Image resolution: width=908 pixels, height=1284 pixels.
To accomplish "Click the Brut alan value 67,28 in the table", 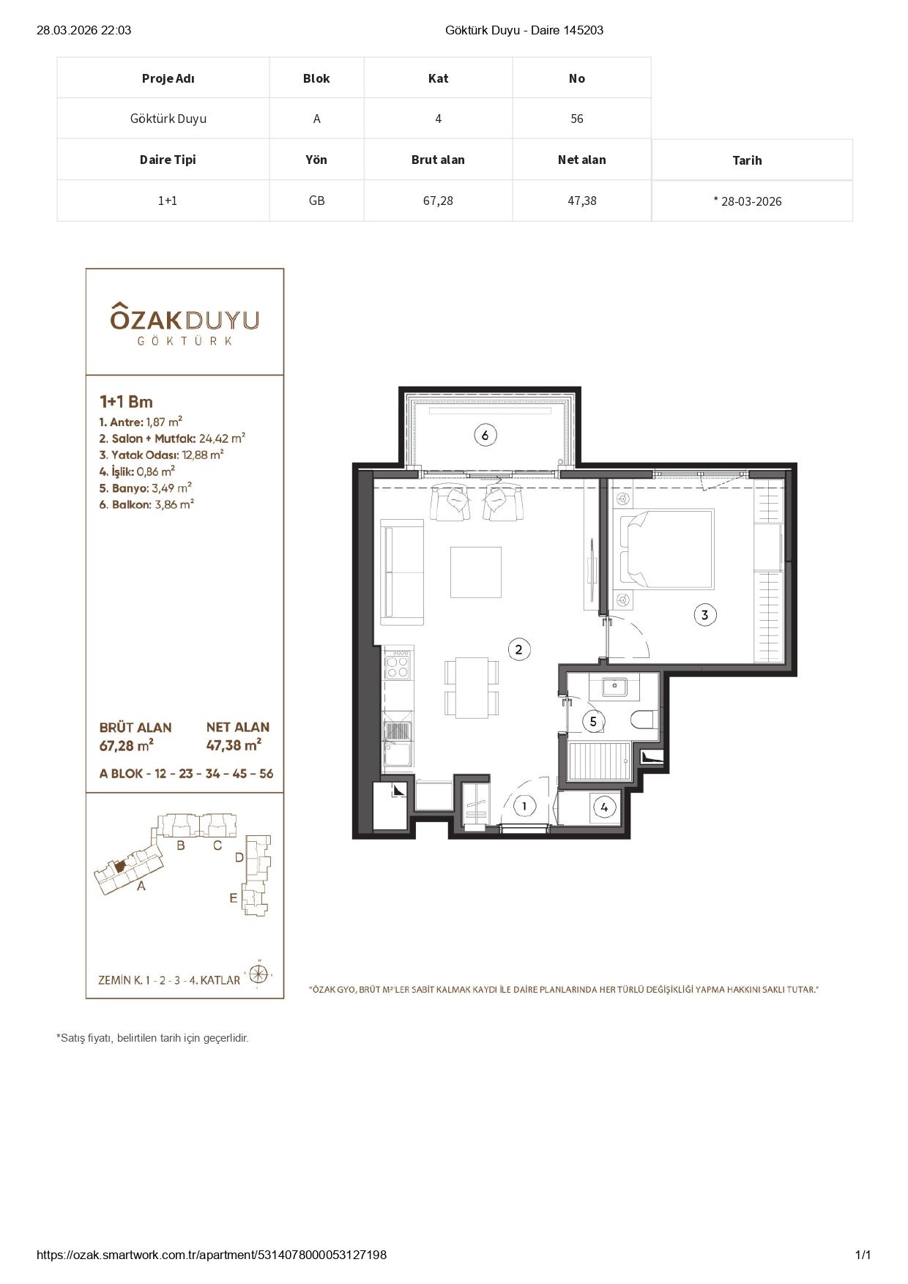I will coord(438,201).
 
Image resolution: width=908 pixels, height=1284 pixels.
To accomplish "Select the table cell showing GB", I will coord(316,201).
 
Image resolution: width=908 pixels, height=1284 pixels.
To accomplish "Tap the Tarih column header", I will coord(747,160).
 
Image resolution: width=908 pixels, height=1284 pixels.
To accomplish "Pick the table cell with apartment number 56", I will coord(577,119).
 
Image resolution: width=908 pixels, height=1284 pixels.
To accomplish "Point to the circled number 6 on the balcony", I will coord(485,436).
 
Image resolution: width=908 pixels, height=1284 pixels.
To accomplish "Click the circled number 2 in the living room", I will coord(518,649).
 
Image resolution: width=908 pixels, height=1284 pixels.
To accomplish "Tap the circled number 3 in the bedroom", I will coord(704,615).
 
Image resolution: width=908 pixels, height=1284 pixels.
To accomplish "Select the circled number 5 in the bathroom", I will coord(593,722).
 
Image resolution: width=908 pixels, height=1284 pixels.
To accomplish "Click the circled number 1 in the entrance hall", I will coord(524,807).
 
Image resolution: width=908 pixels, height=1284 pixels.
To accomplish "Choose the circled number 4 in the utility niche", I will coord(604,807).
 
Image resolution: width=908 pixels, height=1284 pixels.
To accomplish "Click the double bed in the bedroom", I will coord(667,549).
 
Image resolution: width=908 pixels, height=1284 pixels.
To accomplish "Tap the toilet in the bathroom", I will coord(642,720).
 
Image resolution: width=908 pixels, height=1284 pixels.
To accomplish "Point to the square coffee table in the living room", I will coord(476,572).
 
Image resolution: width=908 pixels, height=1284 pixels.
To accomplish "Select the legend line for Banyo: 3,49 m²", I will coord(146,488).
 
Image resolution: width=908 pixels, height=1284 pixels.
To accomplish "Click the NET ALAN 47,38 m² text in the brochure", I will coord(237,736).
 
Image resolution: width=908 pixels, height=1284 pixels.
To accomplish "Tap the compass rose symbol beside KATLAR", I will coord(258,974).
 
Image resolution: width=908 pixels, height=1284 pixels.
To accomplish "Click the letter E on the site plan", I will coord(234,897).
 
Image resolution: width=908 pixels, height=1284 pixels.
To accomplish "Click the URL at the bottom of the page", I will coord(212,1255).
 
